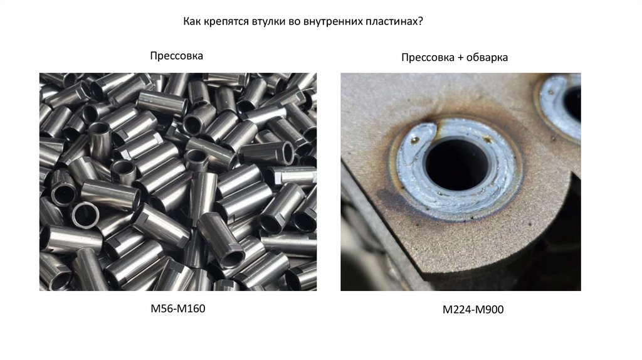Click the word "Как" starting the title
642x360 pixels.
pos(191,21)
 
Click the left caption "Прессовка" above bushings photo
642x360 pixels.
pos(176,56)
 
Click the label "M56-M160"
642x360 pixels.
pos(177,309)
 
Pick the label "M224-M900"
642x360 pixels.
pos(473,310)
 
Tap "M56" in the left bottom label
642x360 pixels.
pos(160,309)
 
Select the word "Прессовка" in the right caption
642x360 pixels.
pos(428,58)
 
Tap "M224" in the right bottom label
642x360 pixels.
pos(456,310)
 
